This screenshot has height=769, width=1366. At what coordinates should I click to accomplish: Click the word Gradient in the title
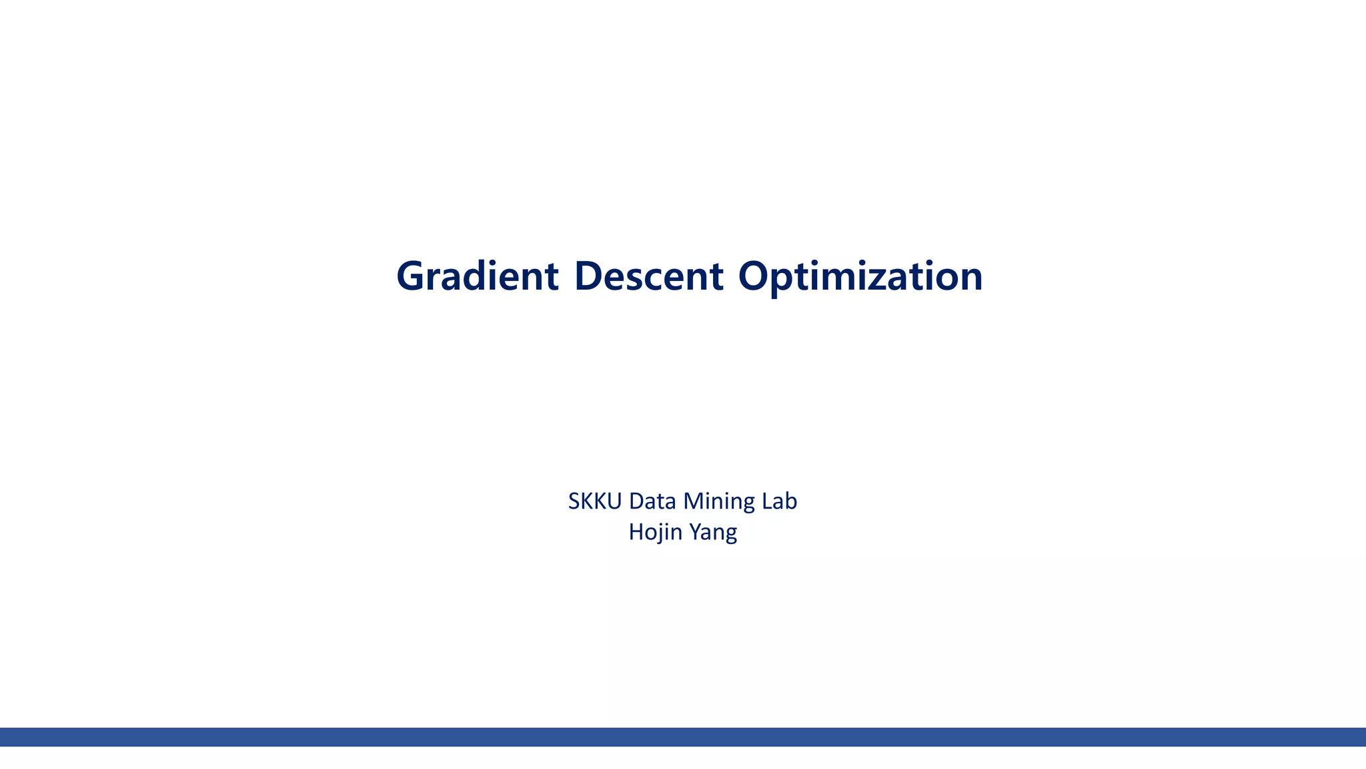(x=477, y=276)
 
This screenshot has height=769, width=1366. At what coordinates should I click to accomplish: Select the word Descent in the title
(x=648, y=276)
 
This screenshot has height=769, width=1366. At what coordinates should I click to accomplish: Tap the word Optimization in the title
(x=860, y=276)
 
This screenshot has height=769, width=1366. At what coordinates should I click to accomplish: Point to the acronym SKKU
(x=595, y=501)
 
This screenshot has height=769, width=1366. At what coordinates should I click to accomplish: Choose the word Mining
(x=719, y=501)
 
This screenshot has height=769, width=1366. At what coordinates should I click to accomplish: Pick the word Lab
(x=779, y=501)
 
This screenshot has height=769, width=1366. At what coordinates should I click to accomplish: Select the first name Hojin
(x=656, y=532)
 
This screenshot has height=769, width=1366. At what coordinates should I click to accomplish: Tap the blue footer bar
(x=683, y=737)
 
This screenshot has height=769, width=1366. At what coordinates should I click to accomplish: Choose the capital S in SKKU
(x=574, y=501)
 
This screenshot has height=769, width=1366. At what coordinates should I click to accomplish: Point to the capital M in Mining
(x=694, y=501)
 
